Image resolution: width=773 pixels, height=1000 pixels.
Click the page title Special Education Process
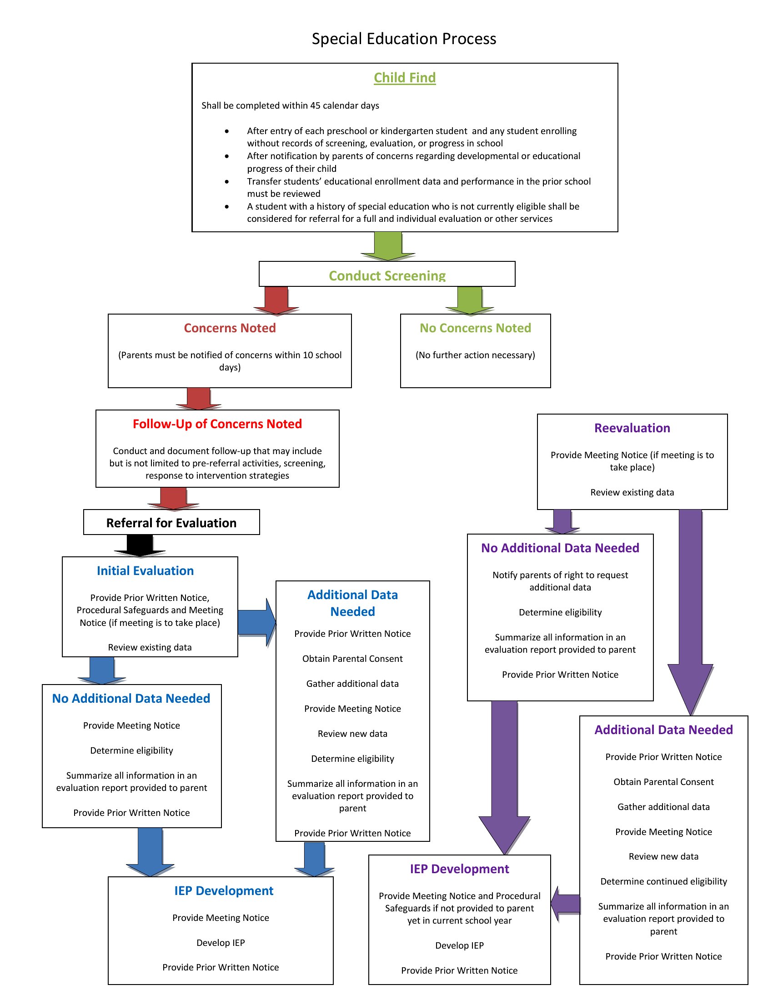404,39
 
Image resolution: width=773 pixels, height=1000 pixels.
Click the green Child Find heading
405,78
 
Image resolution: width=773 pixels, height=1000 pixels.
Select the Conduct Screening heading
387,275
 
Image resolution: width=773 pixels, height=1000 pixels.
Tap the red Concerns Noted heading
230,328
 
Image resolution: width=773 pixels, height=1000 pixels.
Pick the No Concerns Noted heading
475,328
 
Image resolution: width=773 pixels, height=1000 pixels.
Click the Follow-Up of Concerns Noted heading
217,424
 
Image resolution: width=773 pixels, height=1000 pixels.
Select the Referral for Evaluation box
171,522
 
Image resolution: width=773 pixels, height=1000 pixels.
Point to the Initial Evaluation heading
145,570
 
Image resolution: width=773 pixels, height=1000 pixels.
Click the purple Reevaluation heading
632,428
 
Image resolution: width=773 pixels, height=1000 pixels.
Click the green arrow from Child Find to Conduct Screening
388,246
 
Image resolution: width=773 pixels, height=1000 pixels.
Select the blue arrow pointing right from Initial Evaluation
257,622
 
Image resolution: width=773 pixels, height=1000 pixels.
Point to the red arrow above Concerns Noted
276,301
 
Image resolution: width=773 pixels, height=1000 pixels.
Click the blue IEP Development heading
223,890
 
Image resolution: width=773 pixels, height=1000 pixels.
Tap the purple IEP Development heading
459,869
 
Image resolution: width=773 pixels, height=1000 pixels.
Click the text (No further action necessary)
475,355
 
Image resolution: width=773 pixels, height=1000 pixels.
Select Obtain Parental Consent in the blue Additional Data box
352,659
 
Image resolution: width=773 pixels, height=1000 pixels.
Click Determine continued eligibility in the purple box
663,881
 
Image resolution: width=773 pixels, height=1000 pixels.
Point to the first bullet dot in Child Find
227,131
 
